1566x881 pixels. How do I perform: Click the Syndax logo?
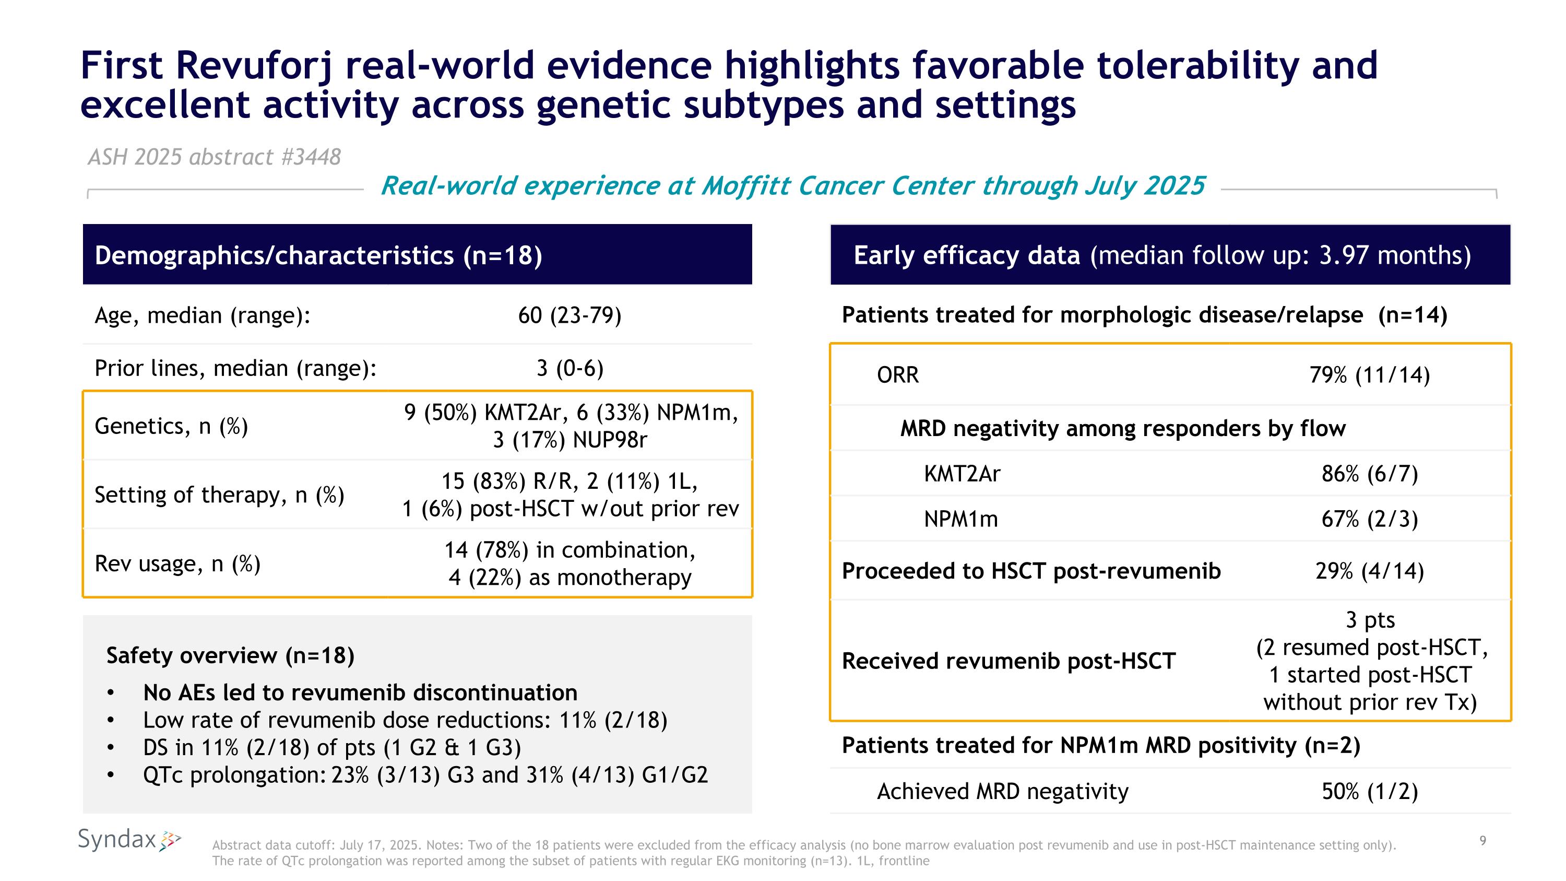pos(129,840)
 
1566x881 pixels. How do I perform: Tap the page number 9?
pos(1482,841)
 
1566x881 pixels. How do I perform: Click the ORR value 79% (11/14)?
pos(1369,375)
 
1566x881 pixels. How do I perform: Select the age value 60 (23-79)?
pos(569,315)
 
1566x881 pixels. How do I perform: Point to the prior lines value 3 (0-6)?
pos(569,369)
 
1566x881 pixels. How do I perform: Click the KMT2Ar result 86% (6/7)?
pos(1369,474)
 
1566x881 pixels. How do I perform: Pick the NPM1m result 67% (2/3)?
pos(1369,519)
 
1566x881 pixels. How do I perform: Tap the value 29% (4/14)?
pos(1369,571)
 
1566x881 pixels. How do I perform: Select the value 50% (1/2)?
pos(1369,792)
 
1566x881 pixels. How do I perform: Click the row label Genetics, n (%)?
pos(171,426)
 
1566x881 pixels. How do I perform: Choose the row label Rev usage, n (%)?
pos(177,563)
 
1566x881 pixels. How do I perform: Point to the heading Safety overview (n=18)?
pos(230,655)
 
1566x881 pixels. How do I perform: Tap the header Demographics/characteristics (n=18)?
pos(318,255)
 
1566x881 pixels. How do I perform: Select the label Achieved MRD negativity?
pos(1002,792)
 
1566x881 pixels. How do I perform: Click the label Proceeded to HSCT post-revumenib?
pos(1031,571)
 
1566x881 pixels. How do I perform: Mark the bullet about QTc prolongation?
pos(425,775)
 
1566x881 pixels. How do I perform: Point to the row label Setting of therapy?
pos(219,495)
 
